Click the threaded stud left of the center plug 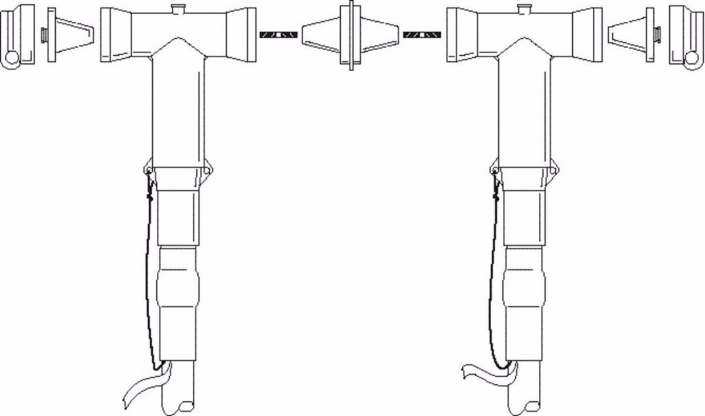coord(278,35)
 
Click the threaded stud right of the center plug coord(422,35)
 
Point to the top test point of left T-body coord(178,8)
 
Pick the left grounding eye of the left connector coord(147,171)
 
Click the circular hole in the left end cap coord(12,58)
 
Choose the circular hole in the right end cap coord(693,58)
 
